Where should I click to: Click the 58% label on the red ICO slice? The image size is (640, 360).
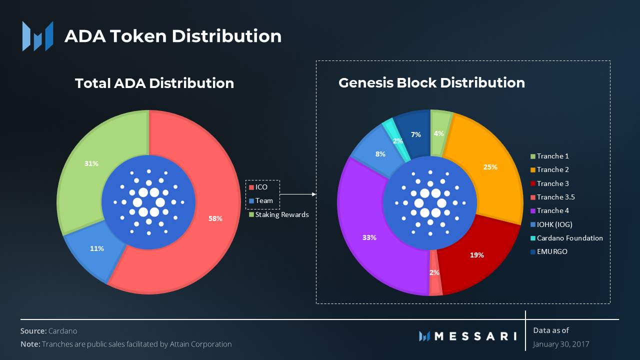(x=215, y=218)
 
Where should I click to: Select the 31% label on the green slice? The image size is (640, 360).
(x=91, y=163)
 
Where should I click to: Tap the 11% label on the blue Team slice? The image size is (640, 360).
(x=97, y=248)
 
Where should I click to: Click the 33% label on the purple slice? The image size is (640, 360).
(x=369, y=237)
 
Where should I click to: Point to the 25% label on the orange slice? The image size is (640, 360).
(x=490, y=167)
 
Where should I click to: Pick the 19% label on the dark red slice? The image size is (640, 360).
(x=476, y=255)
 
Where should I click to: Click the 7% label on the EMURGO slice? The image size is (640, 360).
(x=416, y=134)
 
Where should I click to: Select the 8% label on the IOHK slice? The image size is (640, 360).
(x=380, y=154)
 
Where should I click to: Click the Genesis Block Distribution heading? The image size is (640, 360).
(x=431, y=82)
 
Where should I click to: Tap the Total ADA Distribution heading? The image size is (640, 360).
(x=154, y=83)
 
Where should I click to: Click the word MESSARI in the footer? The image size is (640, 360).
(x=475, y=336)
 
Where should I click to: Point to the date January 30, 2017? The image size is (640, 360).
(x=561, y=344)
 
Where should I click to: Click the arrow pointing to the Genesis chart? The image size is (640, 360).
(x=298, y=194)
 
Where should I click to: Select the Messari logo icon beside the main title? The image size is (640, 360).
(x=37, y=36)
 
